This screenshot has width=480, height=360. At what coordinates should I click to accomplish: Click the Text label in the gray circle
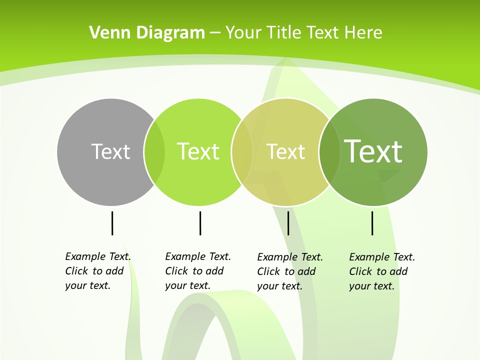click(x=110, y=151)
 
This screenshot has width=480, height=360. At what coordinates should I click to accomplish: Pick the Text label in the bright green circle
click(x=198, y=151)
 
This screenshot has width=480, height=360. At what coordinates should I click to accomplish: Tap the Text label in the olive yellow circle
click(x=285, y=151)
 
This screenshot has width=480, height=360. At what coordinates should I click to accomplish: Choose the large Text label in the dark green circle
click(x=373, y=151)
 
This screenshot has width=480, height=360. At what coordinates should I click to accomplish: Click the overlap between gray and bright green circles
click(x=154, y=152)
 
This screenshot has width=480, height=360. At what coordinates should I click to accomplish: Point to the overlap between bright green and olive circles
click(x=242, y=152)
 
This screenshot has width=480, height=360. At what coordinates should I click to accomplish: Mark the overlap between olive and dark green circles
click(x=328, y=152)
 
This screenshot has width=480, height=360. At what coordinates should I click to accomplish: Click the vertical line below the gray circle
click(x=112, y=223)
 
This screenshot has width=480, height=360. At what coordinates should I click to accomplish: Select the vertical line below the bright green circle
click(x=200, y=223)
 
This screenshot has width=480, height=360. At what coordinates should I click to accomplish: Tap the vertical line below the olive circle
click(x=288, y=223)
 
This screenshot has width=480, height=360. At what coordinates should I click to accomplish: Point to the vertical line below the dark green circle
click(x=372, y=223)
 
